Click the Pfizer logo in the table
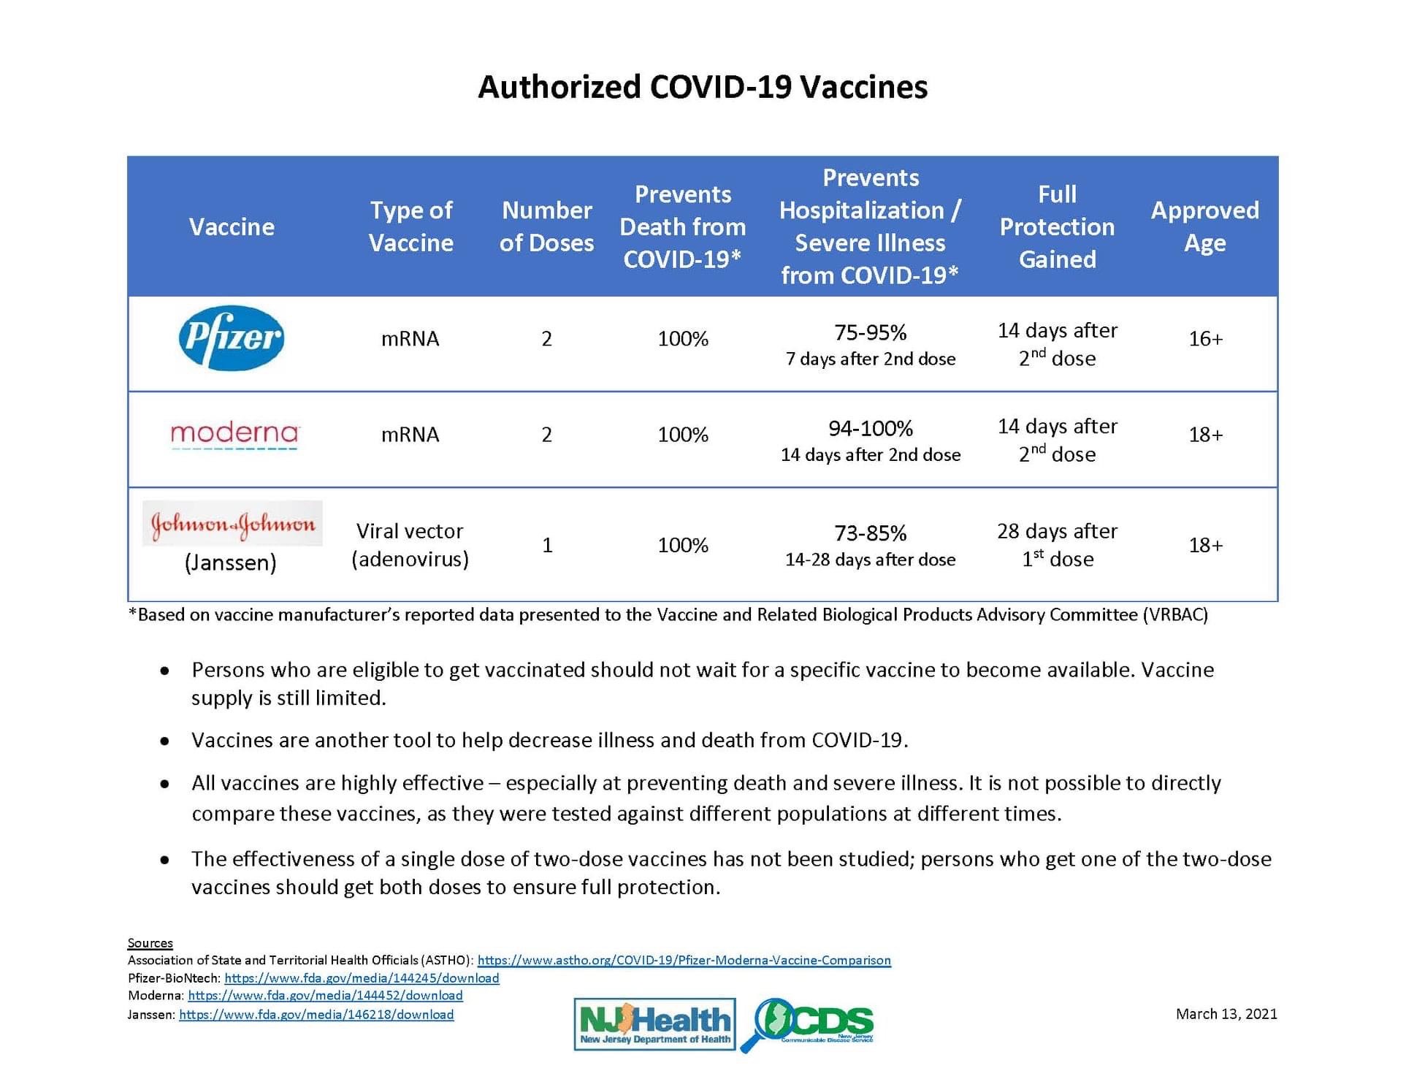[x=231, y=337]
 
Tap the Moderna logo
[x=234, y=435]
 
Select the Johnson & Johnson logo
[x=232, y=524]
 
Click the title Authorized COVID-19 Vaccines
[x=703, y=87]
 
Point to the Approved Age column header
[x=1204, y=226]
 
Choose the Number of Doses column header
[x=546, y=226]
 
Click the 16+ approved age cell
[x=1205, y=339]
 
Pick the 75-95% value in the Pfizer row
[x=870, y=333]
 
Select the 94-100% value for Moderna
[x=870, y=429]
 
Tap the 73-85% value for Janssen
[x=870, y=533]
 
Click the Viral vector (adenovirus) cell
[x=410, y=545]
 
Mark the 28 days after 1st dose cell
[x=1057, y=545]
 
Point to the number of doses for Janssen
[x=547, y=545]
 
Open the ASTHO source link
[x=684, y=960]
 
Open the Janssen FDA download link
[x=316, y=1015]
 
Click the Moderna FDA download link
[x=325, y=996]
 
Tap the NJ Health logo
[x=654, y=1024]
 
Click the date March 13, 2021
[x=1226, y=1014]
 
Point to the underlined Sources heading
[x=150, y=943]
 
